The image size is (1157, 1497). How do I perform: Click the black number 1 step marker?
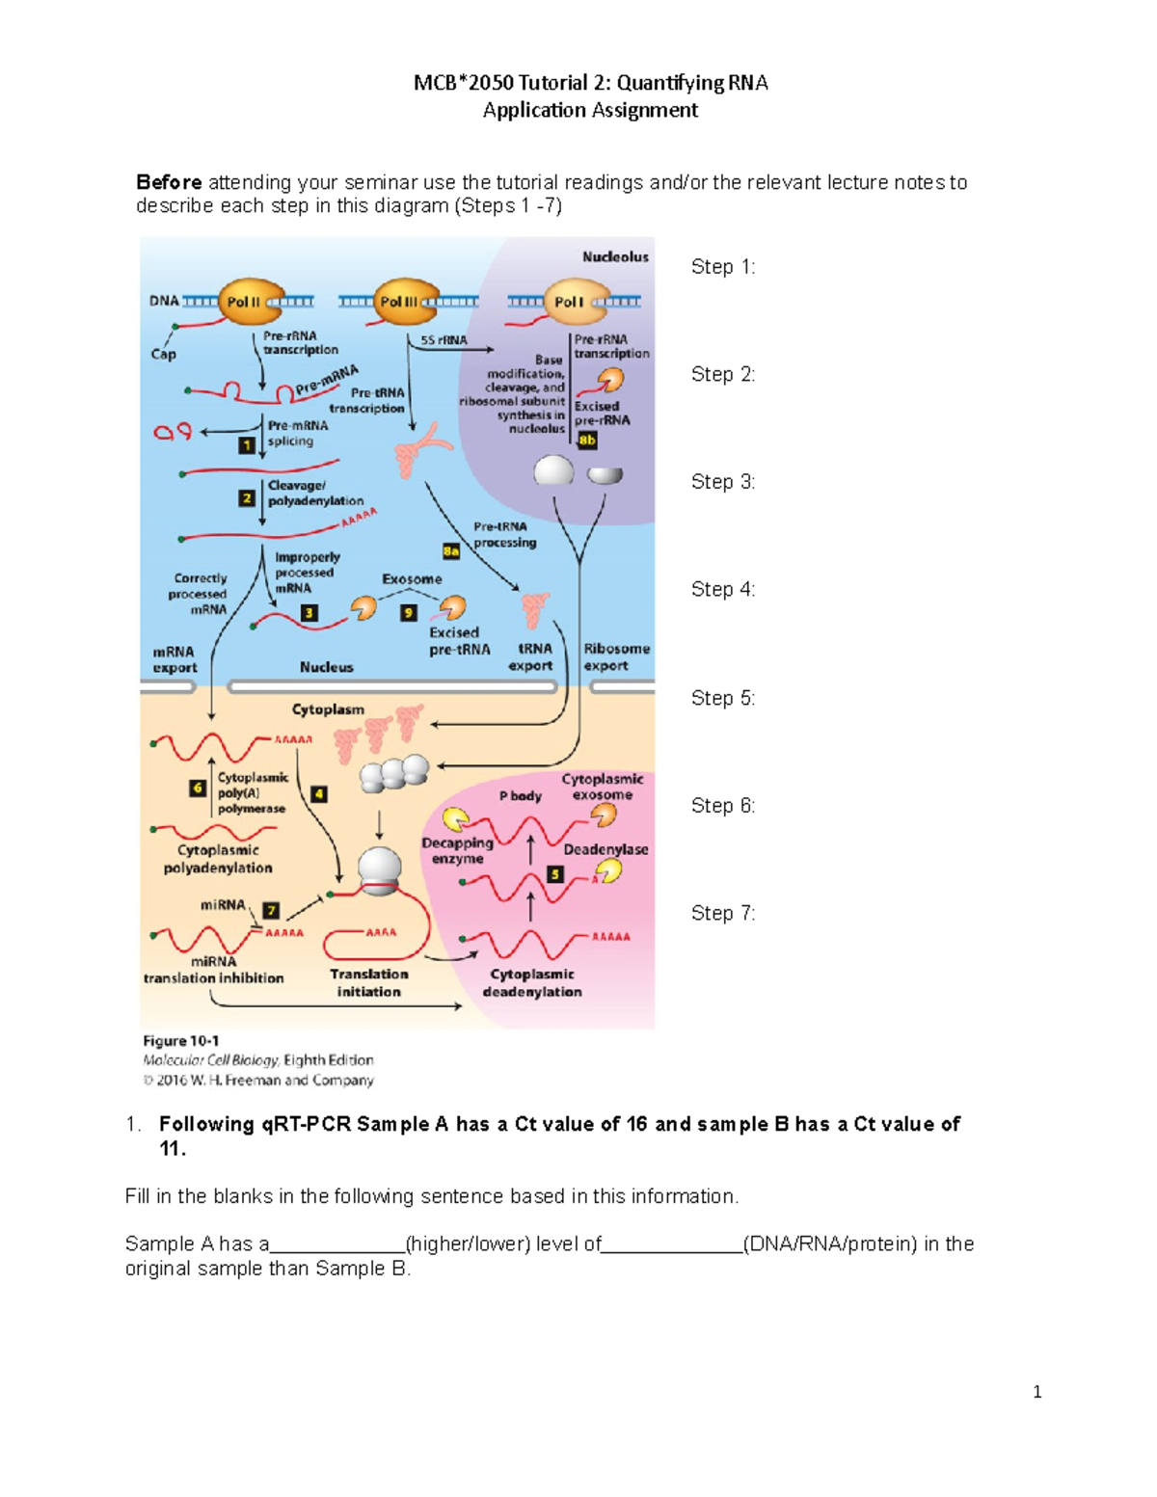tap(247, 445)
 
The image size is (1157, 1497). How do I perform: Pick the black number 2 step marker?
tap(247, 498)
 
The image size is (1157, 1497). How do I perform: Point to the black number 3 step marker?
tap(309, 613)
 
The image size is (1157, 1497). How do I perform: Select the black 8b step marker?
tap(587, 441)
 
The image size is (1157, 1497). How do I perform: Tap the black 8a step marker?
tap(450, 551)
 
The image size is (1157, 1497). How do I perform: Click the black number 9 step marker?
tap(409, 613)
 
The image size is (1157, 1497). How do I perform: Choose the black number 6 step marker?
tap(198, 788)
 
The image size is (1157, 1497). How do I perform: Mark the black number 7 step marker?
tap(271, 911)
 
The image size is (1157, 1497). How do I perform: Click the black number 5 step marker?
tap(554, 874)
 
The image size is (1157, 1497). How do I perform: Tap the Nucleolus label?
tap(615, 256)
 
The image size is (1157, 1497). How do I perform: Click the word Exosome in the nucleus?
tap(412, 579)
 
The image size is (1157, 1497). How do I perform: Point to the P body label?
tap(521, 796)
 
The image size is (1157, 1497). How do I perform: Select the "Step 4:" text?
tap(723, 589)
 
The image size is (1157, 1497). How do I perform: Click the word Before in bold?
tap(170, 182)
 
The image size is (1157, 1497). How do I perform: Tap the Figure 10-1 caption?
tap(181, 1041)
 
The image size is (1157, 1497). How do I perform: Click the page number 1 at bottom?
tap(1036, 1391)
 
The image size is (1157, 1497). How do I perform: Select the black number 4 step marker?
tap(318, 794)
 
